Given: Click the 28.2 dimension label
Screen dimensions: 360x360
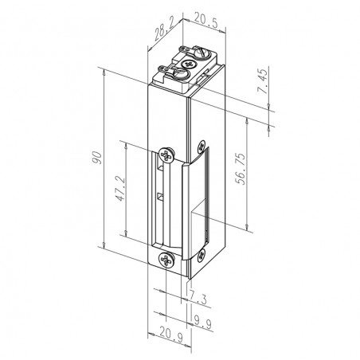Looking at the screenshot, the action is pyautogui.click(x=165, y=30).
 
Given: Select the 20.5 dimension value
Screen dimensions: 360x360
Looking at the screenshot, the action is pyautogui.click(x=206, y=21).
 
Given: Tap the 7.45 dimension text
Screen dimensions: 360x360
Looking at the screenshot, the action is pyautogui.click(x=263, y=81).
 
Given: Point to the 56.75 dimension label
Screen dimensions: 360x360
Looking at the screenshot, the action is pyautogui.click(x=241, y=169).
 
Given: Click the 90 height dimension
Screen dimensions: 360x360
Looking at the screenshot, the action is pyautogui.click(x=97, y=158).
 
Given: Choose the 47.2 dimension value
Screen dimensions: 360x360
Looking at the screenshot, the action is pyautogui.click(x=120, y=189).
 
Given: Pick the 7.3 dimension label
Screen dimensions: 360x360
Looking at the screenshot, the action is pyautogui.click(x=198, y=297).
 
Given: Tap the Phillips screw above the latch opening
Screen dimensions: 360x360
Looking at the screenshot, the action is pyautogui.click(x=166, y=155).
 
